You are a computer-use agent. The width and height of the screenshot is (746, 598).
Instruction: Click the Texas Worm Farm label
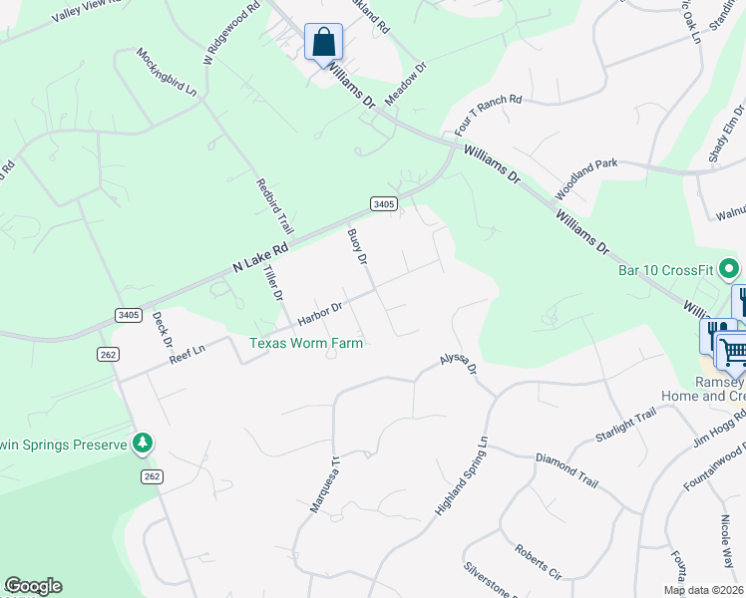[305, 343]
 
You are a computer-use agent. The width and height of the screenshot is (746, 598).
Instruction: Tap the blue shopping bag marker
[323, 43]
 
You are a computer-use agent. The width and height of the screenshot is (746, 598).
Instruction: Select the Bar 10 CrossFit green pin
[729, 268]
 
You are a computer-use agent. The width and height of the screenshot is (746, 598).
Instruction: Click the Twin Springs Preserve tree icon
[144, 443]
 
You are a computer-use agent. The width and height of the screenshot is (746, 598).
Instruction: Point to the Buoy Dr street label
[357, 246]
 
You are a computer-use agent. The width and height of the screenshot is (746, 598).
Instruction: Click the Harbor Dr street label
[320, 315]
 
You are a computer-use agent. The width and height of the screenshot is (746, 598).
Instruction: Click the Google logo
[33, 586]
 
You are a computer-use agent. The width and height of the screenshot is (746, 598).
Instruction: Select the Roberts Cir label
[539, 560]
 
